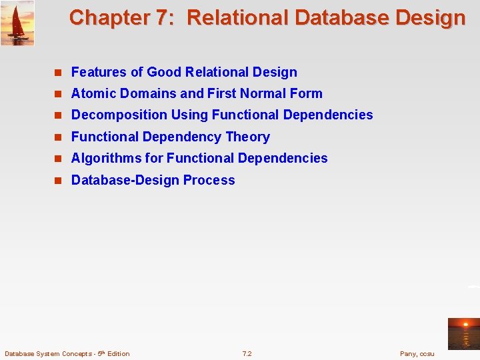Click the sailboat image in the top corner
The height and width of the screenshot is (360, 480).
pyautogui.click(x=17, y=23)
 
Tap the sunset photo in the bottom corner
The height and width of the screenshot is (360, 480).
pyautogui.click(x=463, y=333)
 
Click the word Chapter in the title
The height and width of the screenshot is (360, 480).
pyautogui.click(x=109, y=17)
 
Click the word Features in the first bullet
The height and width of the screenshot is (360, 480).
pyautogui.click(x=97, y=72)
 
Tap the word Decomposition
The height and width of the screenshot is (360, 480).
pyautogui.click(x=119, y=115)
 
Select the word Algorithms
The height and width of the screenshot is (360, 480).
pyautogui.click(x=107, y=158)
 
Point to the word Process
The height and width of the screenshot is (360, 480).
pyautogui.click(x=209, y=180)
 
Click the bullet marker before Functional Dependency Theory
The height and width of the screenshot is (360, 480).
pyautogui.click(x=58, y=137)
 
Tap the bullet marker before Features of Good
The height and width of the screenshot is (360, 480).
pyautogui.click(x=58, y=73)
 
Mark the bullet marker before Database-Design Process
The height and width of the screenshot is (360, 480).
pyautogui.click(x=58, y=181)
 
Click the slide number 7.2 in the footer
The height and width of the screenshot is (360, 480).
pyautogui.click(x=247, y=353)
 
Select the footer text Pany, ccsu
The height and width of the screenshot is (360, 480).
pyautogui.click(x=417, y=353)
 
